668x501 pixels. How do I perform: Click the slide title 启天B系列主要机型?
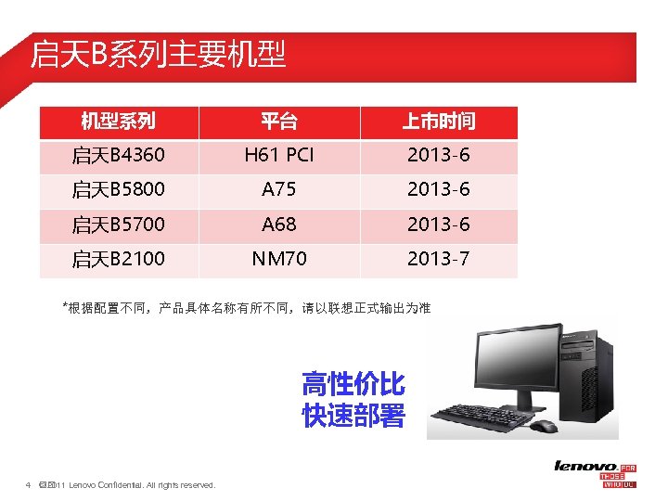[x=158, y=55]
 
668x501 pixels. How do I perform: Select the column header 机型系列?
[x=118, y=122]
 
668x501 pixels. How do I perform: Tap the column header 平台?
[x=279, y=122]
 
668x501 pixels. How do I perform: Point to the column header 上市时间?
[x=439, y=122]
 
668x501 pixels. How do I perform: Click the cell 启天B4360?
[x=118, y=155]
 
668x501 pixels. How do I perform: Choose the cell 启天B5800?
[x=118, y=190]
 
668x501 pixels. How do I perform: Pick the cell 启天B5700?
[x=118, y=225]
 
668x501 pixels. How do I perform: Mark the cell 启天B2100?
[x=118, y=259]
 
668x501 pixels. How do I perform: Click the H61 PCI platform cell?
[x=279, y=155]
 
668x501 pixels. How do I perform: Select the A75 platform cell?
[x=279, y=190]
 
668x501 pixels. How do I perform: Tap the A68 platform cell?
[x=279, y=225]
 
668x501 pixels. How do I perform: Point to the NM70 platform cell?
[x=279, y=259]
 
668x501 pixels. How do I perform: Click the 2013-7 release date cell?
[x=439, y=259]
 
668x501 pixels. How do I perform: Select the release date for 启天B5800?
[x=439, y=190]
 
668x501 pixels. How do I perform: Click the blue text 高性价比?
[x=353, y=384]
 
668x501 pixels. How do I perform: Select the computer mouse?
[x=544, y=426]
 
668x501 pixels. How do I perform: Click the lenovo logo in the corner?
[x=585, y=466]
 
